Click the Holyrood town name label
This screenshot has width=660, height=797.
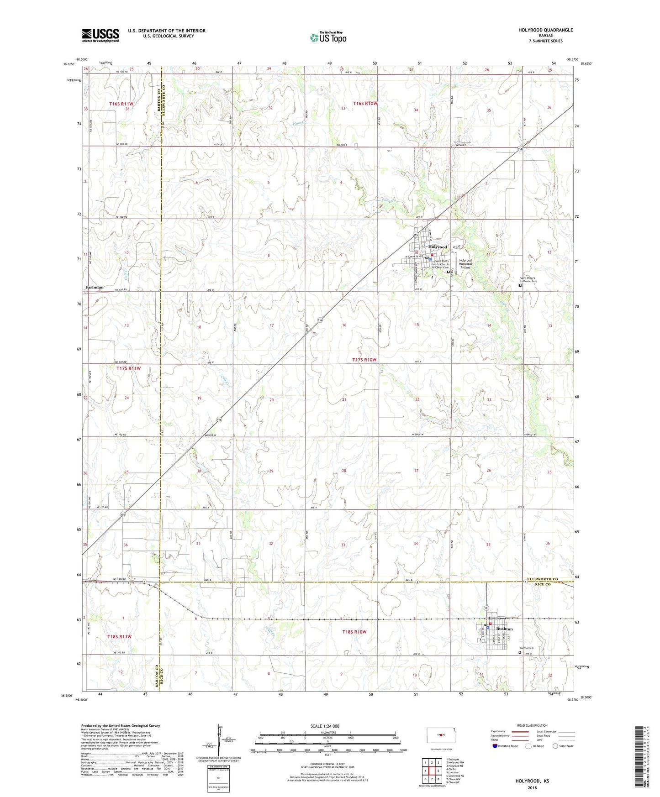[x=437, y=247]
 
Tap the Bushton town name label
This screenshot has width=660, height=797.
[x=504, y=629]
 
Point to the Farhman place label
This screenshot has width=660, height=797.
[x=94, y=287]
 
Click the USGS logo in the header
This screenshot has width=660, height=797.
[x=100, y=35]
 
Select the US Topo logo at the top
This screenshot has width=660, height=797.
[x=328, y=37]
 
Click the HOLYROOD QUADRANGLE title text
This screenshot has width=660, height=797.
[x=545, y=30]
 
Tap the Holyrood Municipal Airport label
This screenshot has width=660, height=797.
[x=465, y=264]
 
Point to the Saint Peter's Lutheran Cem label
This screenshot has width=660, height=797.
[x=529, y=279]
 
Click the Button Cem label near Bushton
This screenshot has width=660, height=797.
[x=527, y=648]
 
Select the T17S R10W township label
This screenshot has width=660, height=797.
[x=364, y=360]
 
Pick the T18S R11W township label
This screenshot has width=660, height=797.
[x=119, y=636]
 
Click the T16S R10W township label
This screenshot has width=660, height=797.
[x=365, y=104]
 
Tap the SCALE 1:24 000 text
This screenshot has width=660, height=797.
[x=325, y=726]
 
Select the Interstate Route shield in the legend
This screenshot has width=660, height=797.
[x=495, y=746]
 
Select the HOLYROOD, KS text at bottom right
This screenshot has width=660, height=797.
[x=532, y=781]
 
